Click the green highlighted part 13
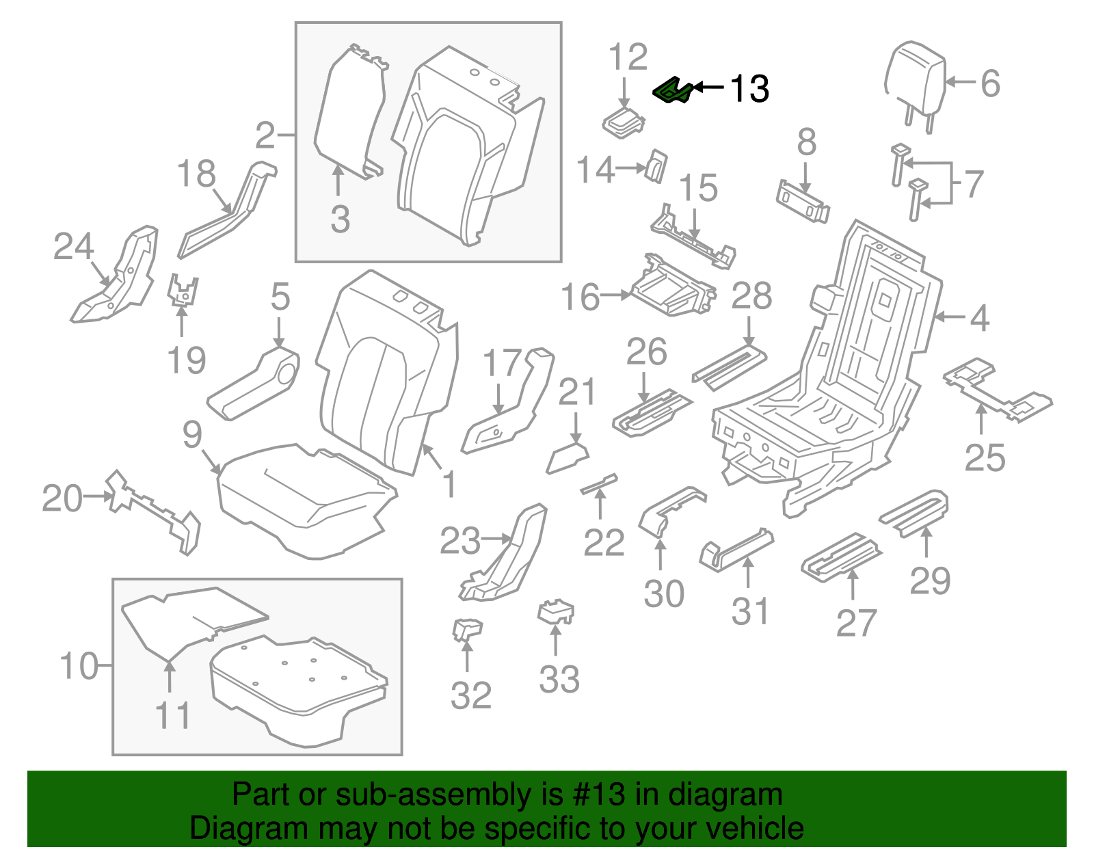coord(673,91)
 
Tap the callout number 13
coord(749,89)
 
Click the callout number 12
coord(628,57)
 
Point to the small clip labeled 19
coord(183,290)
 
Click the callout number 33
coord(559,680)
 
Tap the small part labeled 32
coord(467,628)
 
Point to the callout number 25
coord(985,457)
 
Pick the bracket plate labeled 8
coord(803,202)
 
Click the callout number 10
coord(79,665)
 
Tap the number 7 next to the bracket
coord(974,183)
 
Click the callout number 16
coord(580,297)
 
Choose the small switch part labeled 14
coord(656,166)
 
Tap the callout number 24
coord(73,247)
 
